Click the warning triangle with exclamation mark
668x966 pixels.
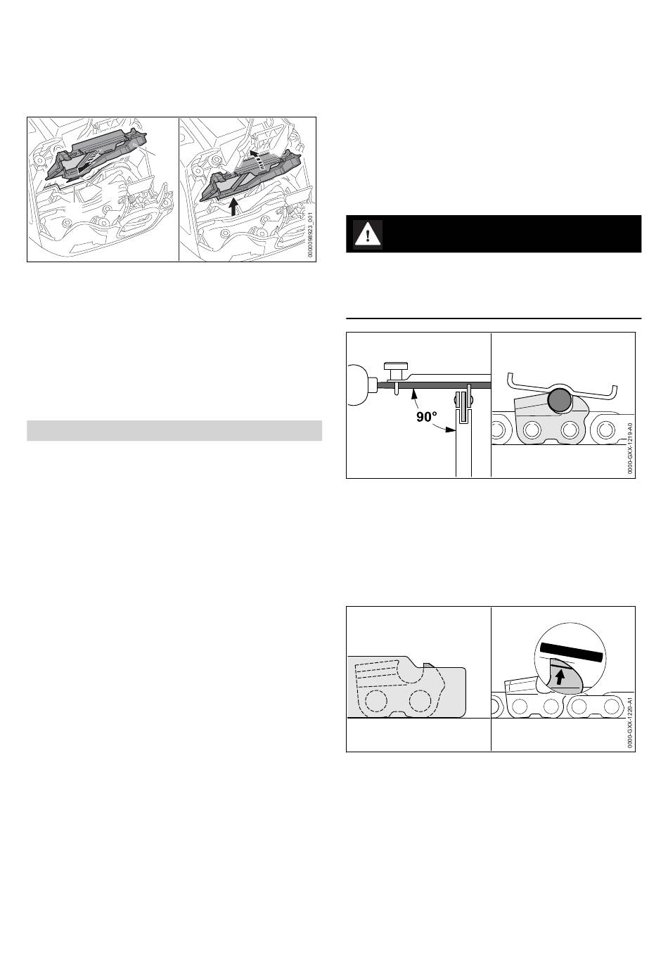[368, 234]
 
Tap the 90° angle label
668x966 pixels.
[427, 417]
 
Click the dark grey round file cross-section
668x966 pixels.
[559, 400]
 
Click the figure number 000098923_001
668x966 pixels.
[311, 233]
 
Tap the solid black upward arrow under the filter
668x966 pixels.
[233, 206]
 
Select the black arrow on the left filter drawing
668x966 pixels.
[84, 165]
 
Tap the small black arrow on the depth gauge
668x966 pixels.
[560, 678]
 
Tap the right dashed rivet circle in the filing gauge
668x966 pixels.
[421, 701]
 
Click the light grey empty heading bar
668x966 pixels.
[174, 430]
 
